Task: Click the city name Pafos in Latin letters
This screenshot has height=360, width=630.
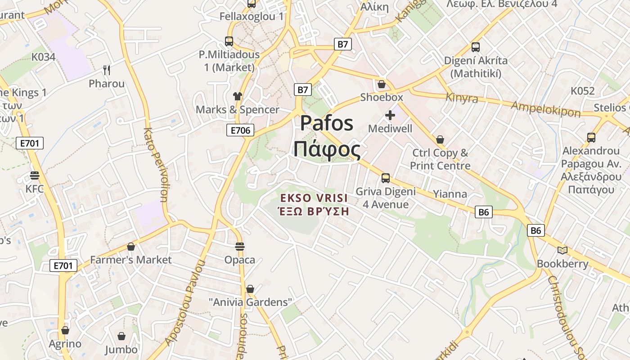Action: (327, 123)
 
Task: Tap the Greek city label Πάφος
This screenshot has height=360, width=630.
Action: (327, 149)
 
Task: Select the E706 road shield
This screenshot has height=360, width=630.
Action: (240, 130)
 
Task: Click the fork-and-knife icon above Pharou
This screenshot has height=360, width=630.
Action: (107, 70)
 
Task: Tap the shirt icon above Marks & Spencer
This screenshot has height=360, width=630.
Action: (238, 96)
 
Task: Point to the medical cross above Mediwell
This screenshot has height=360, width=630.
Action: (390, 115)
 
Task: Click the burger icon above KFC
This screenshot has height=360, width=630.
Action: (35, 175)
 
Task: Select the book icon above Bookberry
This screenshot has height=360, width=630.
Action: (562, 250)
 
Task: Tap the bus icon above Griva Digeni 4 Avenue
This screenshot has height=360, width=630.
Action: (386, 178)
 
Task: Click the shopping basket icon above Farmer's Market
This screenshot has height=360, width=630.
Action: (131, 247)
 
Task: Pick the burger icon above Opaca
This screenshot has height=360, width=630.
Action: (240, 247)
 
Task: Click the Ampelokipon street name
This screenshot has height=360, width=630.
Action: (545, 108)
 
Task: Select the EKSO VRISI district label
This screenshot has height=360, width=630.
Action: (314, 198)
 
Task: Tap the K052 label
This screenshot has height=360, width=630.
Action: (583, 91)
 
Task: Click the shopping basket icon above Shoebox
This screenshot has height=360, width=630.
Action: (382, 84)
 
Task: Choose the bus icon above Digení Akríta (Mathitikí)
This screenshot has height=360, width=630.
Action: (476, 47)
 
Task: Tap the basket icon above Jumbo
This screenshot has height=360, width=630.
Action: (121, 336)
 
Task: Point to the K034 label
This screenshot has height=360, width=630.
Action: (43, 57)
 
